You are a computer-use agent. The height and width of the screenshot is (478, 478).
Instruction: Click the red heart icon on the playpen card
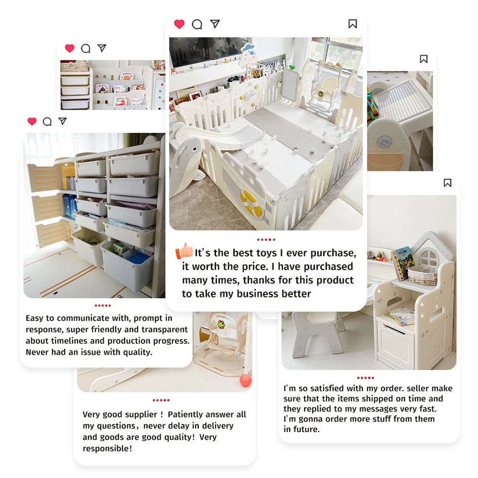[x=179, y=24]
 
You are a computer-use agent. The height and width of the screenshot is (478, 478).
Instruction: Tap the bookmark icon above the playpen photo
[x=353, y=24]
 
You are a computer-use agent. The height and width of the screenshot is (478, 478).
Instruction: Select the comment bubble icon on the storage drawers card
[x=47, y=121]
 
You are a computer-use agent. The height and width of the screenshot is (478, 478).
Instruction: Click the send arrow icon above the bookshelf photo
[x=101, y=48]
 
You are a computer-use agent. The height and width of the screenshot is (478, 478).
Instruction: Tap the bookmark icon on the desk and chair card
[x=447, y=183]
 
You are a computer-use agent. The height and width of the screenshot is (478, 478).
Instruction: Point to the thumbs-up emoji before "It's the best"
[x=184, y=251]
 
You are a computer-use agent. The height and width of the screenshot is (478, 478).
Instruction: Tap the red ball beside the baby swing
[x=245, y=380]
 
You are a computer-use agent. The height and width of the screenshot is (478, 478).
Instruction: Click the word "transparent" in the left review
[x=165, y=330]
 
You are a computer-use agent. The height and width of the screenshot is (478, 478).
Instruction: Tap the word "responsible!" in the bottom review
[x=107, y=448]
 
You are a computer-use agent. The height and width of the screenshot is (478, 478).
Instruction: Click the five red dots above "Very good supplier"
[x=161, y=400]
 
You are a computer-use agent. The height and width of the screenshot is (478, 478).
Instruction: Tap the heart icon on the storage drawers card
[x=32, y=121]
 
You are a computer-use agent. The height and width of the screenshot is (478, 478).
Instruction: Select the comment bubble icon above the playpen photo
[x=197, y=24]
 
